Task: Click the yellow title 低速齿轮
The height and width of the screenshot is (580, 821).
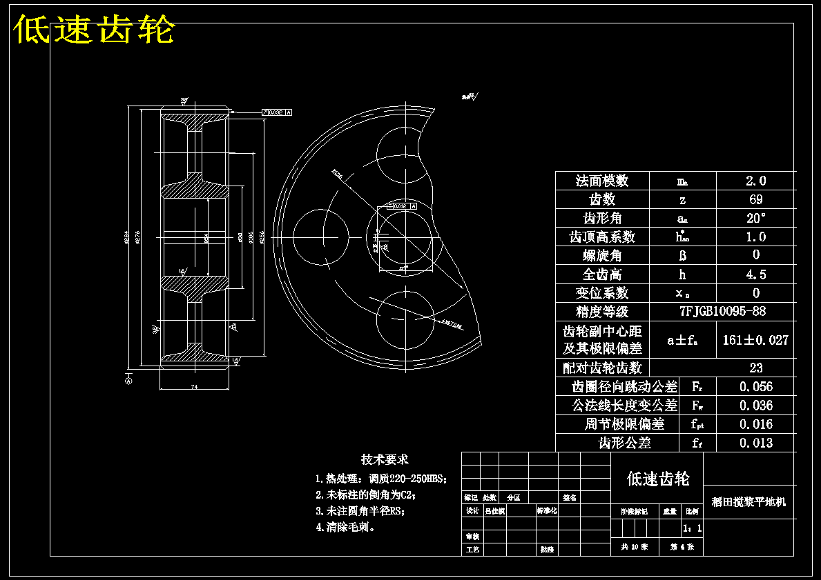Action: coord(94,30)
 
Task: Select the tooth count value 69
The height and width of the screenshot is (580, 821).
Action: coord(755,199)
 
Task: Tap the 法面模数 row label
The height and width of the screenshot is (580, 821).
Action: coord(602,181)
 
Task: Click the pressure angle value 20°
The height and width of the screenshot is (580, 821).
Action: coord(755,218)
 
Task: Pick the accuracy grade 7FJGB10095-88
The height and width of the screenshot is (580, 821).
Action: coord(722,311)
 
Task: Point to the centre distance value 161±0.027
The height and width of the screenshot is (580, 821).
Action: coord(755,339)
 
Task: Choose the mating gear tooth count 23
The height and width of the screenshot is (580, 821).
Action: coord(755,368)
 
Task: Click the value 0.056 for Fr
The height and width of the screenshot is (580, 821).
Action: coord(755,386)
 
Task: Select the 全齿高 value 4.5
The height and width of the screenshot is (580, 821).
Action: coord(755,274)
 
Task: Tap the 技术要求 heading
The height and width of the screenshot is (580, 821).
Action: coord(385,459)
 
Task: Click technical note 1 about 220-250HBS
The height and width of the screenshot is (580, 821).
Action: coord(381,479)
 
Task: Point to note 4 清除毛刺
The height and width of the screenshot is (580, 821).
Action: coord(345,527)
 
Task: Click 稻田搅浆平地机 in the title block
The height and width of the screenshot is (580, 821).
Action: coord(748,502)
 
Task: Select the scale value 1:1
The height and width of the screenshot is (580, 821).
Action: coord(692,528)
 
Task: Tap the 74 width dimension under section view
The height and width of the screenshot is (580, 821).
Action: coord(194,388)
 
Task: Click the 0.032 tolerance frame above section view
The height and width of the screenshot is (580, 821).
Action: coord(276,112)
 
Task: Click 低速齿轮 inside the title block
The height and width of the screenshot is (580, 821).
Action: coord(657,479)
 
